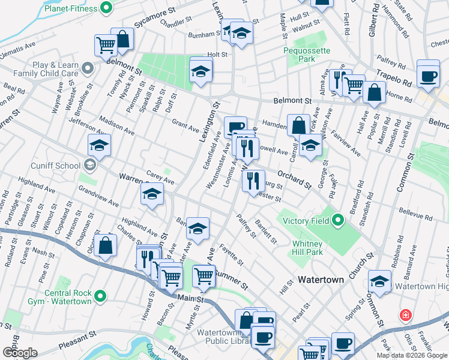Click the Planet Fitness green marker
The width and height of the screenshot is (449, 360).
(x=107, y=8)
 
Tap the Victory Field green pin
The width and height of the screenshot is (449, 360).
(x=337, y=221)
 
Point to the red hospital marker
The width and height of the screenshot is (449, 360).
(x=406, y=315)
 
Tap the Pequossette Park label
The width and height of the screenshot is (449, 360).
(x=307, y=55)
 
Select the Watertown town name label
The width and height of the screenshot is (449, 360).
(x=321, y=280)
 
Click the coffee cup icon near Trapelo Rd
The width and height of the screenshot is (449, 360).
(x=429, y=75)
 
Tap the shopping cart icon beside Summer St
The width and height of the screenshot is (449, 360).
(x=203, y=276)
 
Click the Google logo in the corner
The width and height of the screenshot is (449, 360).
(x=20, y=352)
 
